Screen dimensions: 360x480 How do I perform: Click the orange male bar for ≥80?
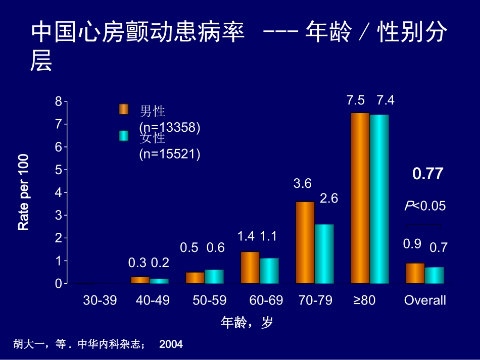point(360,198)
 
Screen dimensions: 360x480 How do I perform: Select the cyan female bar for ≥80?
point(379,199)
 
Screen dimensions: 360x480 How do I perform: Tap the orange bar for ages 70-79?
point(305,242)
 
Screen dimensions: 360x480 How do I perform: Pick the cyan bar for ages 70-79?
point(324,254)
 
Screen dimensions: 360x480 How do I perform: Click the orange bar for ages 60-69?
point(250,268)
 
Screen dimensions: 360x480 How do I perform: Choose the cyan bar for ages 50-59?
point(214,277)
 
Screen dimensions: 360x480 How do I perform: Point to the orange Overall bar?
point(415,273)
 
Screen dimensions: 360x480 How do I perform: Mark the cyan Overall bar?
point(434,275)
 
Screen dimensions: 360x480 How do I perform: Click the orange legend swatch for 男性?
point(124,109)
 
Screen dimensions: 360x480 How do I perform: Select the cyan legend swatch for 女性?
point(124,136)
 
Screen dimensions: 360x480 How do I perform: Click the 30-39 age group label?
point(100,300)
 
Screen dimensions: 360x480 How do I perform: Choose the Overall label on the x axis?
point(425,300)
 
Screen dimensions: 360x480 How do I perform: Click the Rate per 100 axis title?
point(24,192)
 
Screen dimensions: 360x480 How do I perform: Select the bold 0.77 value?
point(427,174)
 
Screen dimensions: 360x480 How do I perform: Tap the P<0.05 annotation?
point(425,206)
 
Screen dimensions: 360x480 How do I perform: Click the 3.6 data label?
point(302,184)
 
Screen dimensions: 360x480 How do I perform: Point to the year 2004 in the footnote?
point(171,344)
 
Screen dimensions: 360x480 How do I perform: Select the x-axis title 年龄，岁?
point(247,323)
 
